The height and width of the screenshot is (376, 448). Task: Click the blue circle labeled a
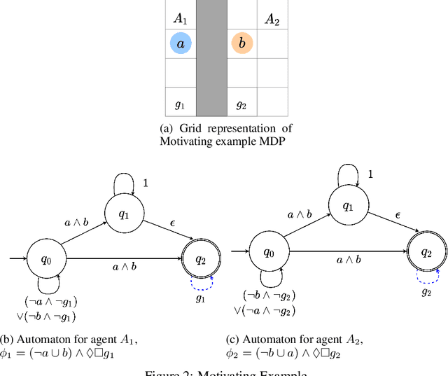point(181,44)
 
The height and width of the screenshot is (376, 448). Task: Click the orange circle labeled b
point(242,44)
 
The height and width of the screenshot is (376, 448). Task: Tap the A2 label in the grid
point(272,19)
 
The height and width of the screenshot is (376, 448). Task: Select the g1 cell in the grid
point(181,104)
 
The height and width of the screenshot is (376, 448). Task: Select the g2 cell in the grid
point(241,104)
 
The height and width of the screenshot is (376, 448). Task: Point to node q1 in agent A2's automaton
point(347,207)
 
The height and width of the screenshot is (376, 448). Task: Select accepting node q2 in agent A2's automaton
point(425,252)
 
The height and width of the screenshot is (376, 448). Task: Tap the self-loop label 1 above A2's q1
point(370,174)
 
